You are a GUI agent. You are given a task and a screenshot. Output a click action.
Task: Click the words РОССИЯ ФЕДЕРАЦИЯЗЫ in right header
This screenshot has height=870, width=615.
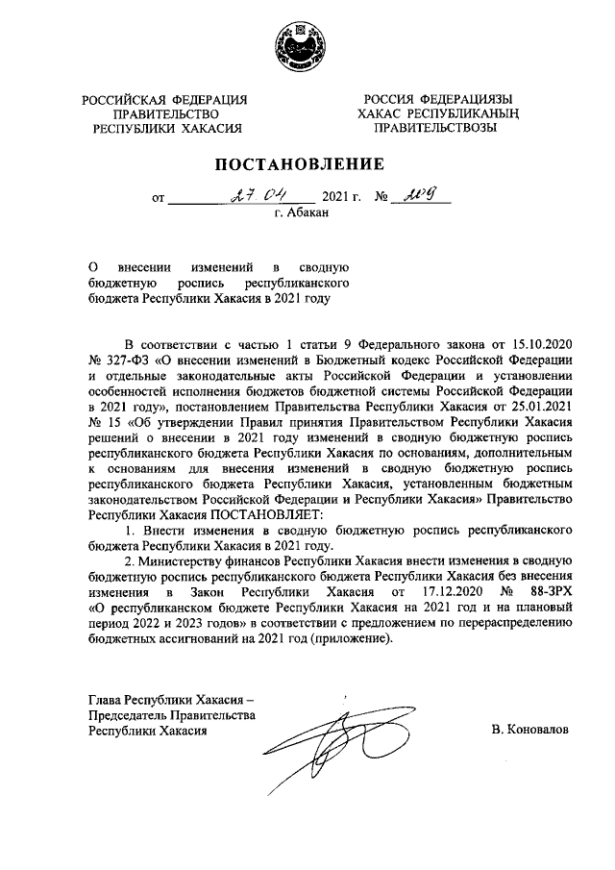coord(435,99)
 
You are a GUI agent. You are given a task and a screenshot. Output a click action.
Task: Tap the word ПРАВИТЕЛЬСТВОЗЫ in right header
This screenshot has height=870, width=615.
coord(435,127)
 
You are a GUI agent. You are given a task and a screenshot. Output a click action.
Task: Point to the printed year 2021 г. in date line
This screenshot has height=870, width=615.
coord(343,200)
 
